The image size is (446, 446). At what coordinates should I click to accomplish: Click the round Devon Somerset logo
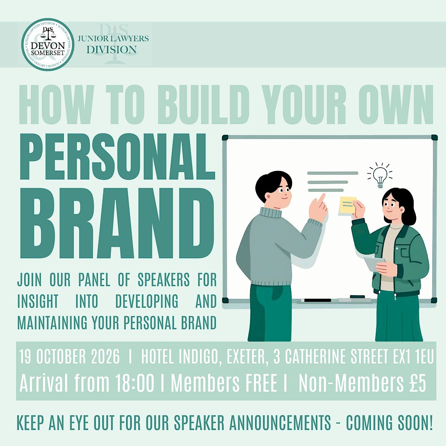pyautogui.click(x=48, y=45)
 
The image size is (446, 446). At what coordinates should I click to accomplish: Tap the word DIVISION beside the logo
pyautogui.click(x=111, y=49)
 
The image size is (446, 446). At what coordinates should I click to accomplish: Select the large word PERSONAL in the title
pyautogui.click(x=117, y=157)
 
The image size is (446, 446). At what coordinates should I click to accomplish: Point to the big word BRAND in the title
pyautogui.click(x=117, y=223)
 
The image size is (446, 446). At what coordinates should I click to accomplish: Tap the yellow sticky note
pyautogui.click(x=348, y=205)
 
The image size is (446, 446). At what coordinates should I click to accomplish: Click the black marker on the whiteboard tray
pyautogui.click(x=317, y=300)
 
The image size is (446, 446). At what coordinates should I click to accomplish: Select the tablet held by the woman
pyautogui.click(x=374, y=264)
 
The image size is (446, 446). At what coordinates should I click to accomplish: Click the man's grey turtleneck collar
pyautogui.click(x=270, y=213)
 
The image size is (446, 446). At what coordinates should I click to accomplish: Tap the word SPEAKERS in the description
pyautogui.click(x=164, y=279)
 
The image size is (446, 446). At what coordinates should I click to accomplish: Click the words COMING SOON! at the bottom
pyautogui.click(x=389, y=423)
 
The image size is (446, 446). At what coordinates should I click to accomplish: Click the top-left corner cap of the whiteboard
pyautogui.click(x=225, y=138)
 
